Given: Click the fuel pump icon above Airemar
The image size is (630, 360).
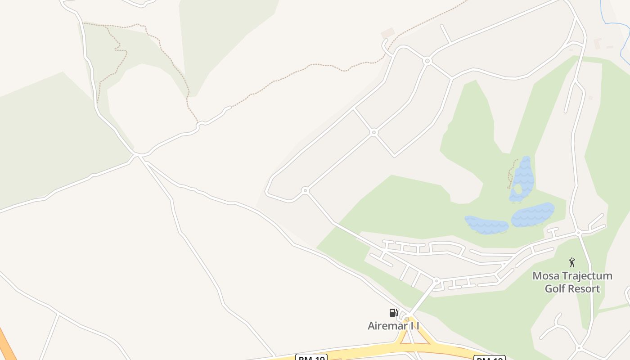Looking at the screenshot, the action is (x=393, y=312).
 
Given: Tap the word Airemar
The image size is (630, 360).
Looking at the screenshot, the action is (x=387, y=326).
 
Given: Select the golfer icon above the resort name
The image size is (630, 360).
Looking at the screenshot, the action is (x=572, y=262).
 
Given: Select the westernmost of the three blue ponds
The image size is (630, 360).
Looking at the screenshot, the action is (x=486, y=225).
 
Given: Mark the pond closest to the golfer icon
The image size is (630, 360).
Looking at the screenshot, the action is (x=533, y=215).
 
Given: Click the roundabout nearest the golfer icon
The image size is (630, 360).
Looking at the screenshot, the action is (x=579, y=233).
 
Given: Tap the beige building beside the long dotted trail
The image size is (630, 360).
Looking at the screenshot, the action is (x=387, y=33).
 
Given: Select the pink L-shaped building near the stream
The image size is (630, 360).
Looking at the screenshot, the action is (x=598, y=43).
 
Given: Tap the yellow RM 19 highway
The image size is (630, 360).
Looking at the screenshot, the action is (x=360, y=351).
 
